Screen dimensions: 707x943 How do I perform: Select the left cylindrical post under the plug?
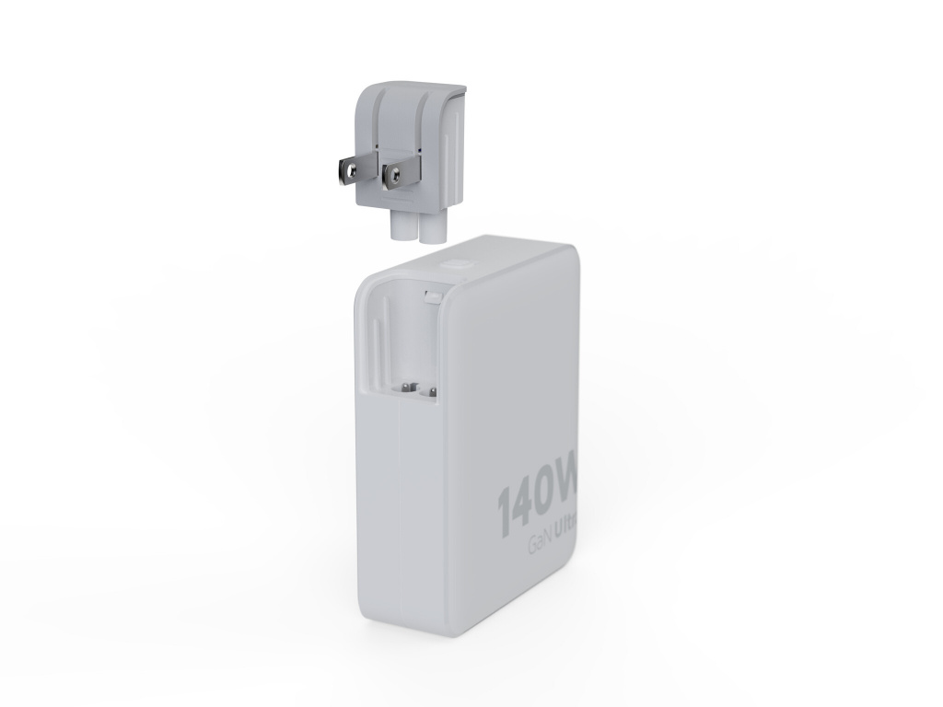(403, 226)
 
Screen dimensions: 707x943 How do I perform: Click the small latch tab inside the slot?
(432, 296)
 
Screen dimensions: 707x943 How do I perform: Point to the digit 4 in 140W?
(526, 504)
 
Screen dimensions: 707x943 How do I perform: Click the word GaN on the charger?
(541, 543)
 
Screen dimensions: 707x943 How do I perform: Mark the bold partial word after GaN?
(566, 531)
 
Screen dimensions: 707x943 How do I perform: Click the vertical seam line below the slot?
(399, 516)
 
